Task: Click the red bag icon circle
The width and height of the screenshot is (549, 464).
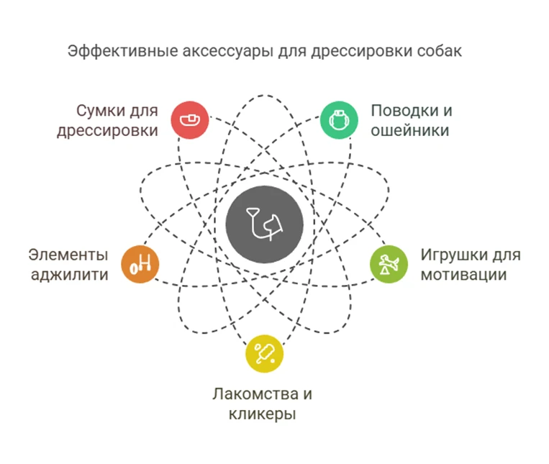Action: click(x=190, y=119)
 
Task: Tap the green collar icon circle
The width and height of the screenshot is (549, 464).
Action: click(x=338, y=119)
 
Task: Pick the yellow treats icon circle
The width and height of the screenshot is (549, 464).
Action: click(x=264, y=353)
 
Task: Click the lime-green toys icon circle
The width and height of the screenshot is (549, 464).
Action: click(x=389, y=264)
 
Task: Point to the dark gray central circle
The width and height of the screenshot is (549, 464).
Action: click(x=264, y=225)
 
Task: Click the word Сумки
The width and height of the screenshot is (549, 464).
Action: click(x=100, y=112)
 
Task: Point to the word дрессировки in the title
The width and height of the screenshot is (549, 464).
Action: click(x=348, y=51)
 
